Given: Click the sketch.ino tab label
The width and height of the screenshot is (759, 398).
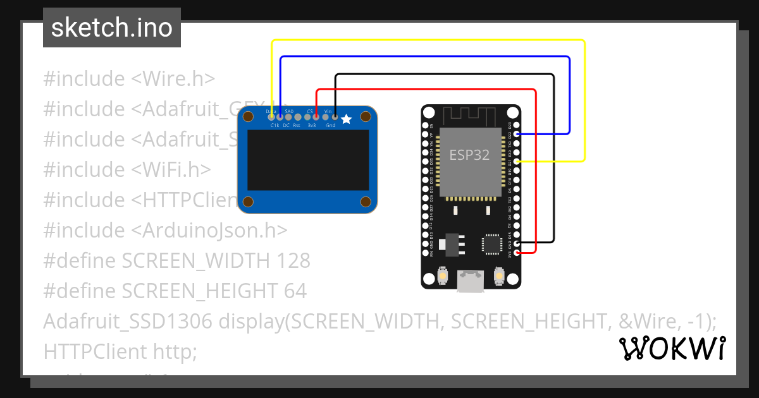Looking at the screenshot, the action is (111, 28).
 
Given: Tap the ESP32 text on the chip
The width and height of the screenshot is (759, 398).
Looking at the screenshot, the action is (469, 155).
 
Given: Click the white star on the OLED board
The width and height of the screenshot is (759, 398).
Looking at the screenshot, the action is (346, 119).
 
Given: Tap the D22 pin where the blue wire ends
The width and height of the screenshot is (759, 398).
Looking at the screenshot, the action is (517, 134).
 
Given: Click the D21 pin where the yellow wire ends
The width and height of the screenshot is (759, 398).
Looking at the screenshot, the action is (517, 162).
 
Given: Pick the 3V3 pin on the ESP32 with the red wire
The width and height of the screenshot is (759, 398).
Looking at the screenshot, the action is (517, 253).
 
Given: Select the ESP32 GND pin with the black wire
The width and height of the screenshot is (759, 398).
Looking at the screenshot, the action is (517, 244).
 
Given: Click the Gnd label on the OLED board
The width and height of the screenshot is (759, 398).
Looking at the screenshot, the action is (330, 126).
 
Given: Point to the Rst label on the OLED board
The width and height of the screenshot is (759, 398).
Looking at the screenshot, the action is (297, 126).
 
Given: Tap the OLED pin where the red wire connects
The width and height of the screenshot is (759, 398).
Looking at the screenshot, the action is (316, 117).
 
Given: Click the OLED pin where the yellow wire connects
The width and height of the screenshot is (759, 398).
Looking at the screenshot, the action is (272, 117).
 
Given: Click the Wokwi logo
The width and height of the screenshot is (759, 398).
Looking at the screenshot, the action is (672, 349).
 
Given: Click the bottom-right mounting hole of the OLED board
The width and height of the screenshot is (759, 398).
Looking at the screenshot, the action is (366, 202).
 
